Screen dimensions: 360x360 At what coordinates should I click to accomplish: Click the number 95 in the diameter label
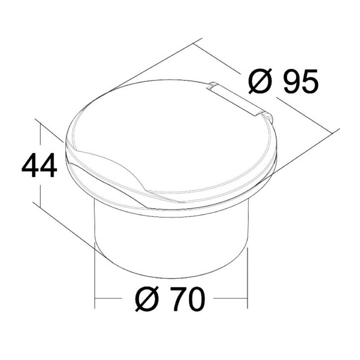click(x=301, y=81)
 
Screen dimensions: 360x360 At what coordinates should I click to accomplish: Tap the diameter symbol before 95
click(x=260, y=81)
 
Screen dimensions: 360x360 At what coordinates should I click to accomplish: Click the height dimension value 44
click(x=39, y=165)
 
